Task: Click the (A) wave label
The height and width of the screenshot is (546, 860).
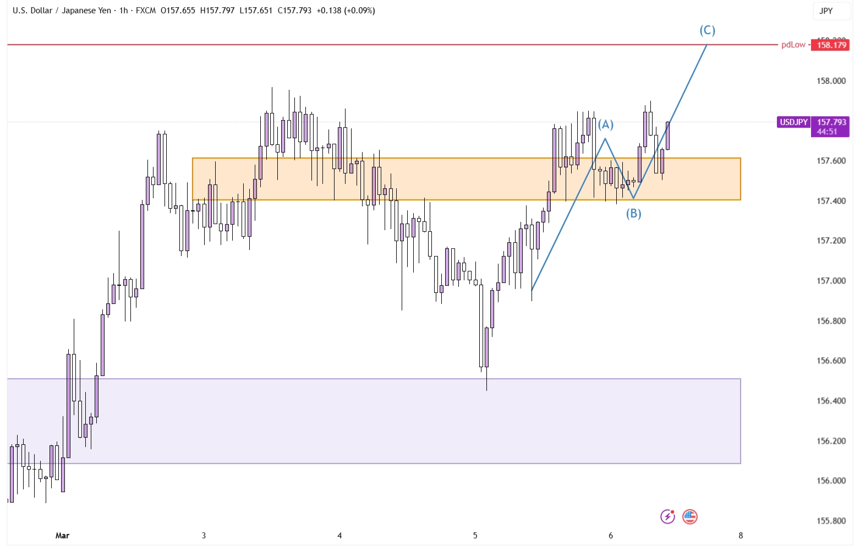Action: click(605, 124)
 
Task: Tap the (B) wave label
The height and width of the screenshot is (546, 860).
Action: click(633, 214)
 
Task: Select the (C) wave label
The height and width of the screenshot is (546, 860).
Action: click(707, 30)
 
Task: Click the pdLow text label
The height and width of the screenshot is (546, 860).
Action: click(793, 45)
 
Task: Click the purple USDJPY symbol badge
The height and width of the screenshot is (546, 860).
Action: click(793, 122)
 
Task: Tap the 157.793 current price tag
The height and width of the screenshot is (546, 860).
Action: click(831, 122)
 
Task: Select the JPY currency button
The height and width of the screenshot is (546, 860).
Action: click(826, 11)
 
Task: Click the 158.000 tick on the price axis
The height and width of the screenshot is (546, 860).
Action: click(831, 81)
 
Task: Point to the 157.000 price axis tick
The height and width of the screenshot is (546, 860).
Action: click(831, 281)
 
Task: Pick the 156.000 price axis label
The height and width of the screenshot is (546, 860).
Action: click(831, 481)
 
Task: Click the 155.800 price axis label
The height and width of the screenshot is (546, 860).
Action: click(831, 521)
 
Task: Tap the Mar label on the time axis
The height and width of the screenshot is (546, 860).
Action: click(62, 536)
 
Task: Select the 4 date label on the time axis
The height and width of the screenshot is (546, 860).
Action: click(339, 536)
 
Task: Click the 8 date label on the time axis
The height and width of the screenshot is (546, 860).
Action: click(741, 536)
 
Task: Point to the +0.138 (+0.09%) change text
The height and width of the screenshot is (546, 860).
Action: click(346, 10)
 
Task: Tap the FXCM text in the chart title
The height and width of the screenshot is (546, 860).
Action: click(146, 10)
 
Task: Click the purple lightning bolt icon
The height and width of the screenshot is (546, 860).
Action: click(667, 517)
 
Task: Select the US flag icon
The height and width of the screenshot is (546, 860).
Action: click(689, 517)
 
